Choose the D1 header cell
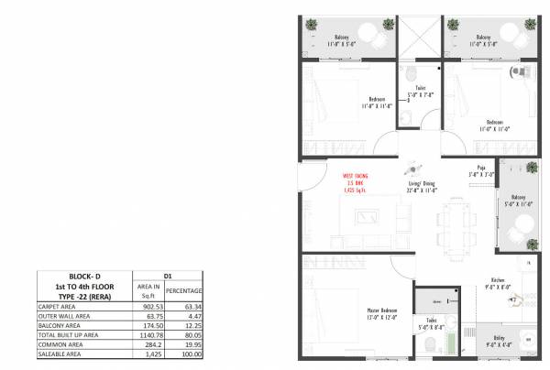click(168, 274)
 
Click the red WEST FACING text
click(356, 173)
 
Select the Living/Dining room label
click(422, 186)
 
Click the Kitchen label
click(498, 281)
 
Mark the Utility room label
click(495, 340)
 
